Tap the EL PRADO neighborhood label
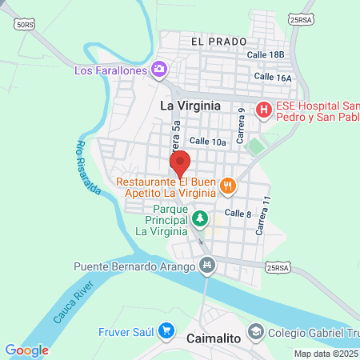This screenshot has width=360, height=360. coord(218,40)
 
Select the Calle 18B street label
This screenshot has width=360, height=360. coord(266,54)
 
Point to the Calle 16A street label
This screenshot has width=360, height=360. coord(273,77)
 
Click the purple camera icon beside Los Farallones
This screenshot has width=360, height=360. coord(160,70)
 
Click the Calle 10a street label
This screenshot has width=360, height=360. coord(209,142)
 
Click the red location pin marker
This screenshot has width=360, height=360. coord(180,162)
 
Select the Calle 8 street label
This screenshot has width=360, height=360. coord(238,214)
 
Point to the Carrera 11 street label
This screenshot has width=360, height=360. coord(261,215)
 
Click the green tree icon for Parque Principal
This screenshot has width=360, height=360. coord(201,218)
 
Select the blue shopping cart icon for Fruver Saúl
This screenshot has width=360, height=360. coord(166,330)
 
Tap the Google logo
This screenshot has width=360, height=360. coord(26,350)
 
